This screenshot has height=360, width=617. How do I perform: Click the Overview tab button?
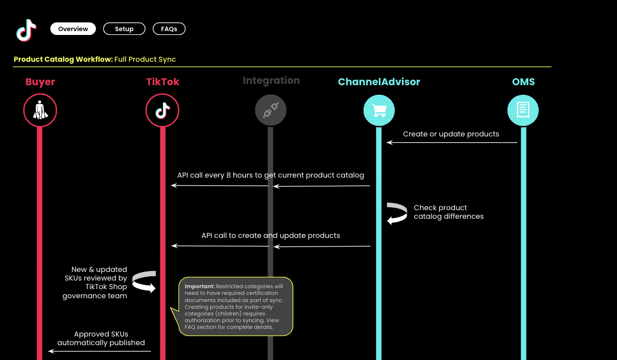(x=73, y=29)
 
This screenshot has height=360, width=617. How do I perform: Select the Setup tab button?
(x=124, y=29)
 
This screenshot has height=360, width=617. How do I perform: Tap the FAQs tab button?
(x=169, y=29)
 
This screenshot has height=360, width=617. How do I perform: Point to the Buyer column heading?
(x=40, y=82)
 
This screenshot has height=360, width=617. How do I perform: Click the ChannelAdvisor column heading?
(x=379, y=82)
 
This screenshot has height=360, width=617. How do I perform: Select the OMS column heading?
(x=523, y=82)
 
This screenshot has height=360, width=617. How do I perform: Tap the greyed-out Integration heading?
(x=271, y=80)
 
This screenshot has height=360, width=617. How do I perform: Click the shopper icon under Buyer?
(x=40, y=111)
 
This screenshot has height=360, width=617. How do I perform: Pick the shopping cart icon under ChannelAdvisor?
(x=379, y=111)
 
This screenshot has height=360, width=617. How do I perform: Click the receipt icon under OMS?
(x=523, y=111)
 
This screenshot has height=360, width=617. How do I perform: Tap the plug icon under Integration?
(x=271, y=111)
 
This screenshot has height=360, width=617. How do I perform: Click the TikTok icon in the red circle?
(x=162, y=111)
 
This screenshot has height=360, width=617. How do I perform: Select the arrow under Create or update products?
(x=452, y=142)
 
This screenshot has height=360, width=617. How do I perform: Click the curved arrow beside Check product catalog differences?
(x=397, y=214)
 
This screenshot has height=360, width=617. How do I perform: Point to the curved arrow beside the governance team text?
(x=145, y=281)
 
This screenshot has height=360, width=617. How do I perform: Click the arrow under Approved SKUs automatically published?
(x=100, y=351)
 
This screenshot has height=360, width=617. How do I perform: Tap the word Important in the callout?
(x=199, y=286)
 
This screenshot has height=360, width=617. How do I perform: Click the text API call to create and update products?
(x=271, y=236)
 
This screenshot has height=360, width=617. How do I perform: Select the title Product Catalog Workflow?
(x=63, y=59)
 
